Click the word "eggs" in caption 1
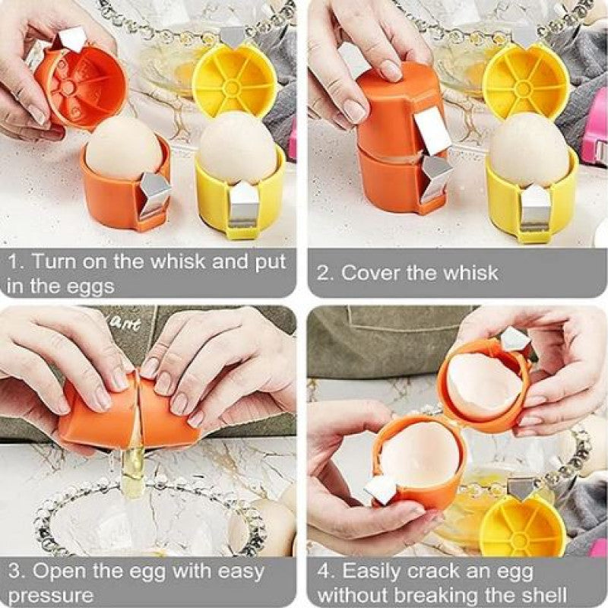coord(90,287)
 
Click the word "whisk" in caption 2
coord(467,273)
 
